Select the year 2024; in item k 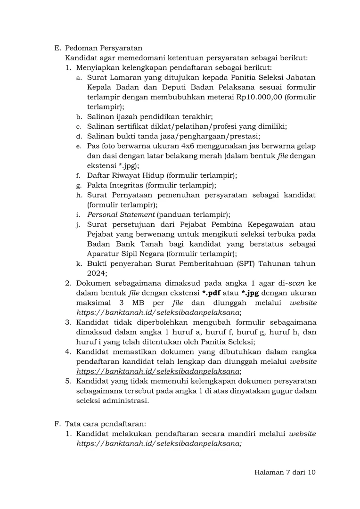coord(98,273)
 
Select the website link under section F coord(159,443)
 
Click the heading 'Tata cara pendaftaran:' coord(102,424)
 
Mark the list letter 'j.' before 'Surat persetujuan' coord(79,224)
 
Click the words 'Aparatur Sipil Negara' coord(124,254)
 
